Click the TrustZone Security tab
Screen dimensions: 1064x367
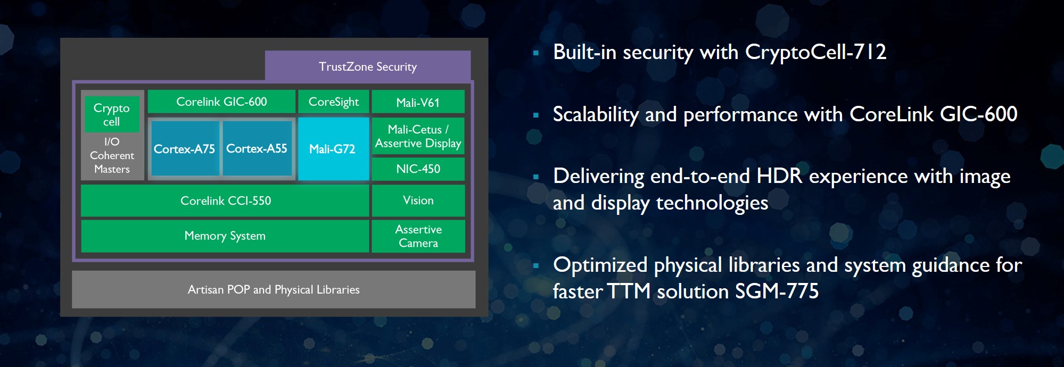(368, 66)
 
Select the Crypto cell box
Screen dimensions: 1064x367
(112, 114)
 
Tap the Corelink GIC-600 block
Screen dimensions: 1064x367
(221, 102)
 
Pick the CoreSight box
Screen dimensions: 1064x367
(334, 102)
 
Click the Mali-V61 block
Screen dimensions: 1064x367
(418, 102)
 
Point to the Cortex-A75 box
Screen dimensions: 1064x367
(185, 148)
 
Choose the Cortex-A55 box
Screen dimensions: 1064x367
(257, 148)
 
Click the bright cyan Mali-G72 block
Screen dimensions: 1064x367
(333, 149)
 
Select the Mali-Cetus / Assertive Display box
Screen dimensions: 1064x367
(418, 136)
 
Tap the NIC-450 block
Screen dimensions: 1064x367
(418, 169)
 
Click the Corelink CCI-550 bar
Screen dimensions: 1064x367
(225, 201)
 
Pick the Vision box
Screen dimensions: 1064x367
(418, 201)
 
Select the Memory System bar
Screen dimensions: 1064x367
(225, 236)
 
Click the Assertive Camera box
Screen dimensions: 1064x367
(418, 236)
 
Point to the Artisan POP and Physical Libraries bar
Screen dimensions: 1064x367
(274, 289)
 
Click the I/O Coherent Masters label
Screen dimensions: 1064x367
(112, 155)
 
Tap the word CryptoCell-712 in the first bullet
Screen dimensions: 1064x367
(815, 52)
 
